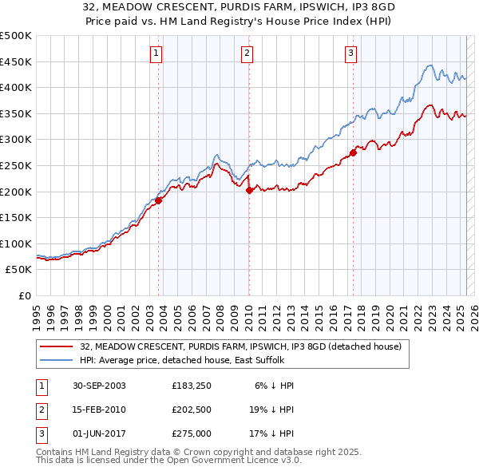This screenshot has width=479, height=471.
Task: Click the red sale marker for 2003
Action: tap(159, 200)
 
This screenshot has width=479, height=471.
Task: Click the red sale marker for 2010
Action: tap(249, 190)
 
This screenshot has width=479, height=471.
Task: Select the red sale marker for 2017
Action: tap(353, 152)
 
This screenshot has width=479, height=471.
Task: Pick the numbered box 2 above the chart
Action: tap(247, 53)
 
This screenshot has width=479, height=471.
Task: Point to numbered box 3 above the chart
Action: tap(350, 53)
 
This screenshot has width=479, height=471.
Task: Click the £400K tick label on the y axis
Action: tap(17, 87)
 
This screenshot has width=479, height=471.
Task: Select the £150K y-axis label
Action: tap(17, 217)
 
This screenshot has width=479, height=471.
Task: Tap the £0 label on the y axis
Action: tap(25, 295)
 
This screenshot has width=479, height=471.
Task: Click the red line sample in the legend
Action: tap(56, 346)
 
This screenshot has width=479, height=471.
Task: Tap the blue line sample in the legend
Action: tap(56, 359)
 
